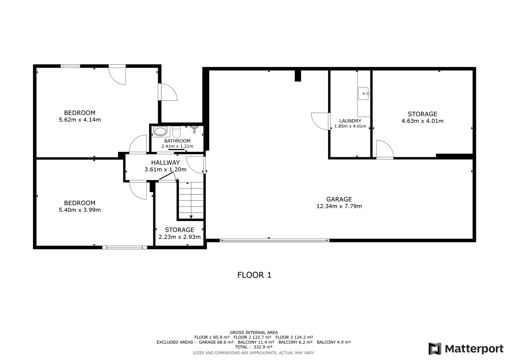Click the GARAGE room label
[x=339, y=199]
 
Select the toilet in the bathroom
[x=177, y=132]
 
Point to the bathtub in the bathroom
[x=160, y=131]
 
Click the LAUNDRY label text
[x=350, y=121]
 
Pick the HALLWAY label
[x=165, y=163]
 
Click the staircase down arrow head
[x=191, y=217]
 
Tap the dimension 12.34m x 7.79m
[x=339, y=206]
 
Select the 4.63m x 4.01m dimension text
[x=422, y=121]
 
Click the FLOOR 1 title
[x=254, y=275]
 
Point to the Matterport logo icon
[x=435, y=349]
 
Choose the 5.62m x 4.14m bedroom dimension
[x=80, y=120]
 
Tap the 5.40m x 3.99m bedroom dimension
[x=80, y=210]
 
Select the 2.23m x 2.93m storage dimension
[x=179, y=237]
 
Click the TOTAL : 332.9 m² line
[x=254, y=347]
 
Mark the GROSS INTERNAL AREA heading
[x=254, y=333]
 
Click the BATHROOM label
[x=177, y=141]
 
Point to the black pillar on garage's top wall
[x=298, y=76]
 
